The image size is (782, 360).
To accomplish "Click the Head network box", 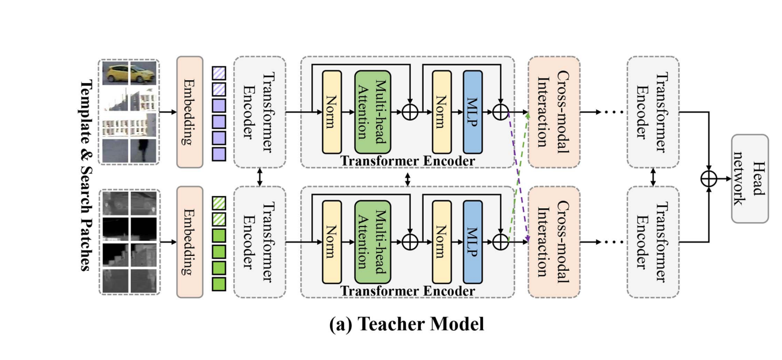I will point(750,178).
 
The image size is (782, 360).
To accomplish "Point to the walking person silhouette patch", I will point(144,148).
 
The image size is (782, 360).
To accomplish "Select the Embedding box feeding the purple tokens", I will point(190,111).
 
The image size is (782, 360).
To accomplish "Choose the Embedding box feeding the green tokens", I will point(190,242).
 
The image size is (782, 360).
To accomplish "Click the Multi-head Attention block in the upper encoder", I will point(373,112).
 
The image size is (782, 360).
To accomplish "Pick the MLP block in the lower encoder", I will point(472,242).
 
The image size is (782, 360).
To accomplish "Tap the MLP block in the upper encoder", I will point(472,112).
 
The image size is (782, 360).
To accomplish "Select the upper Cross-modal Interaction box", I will point(554,111).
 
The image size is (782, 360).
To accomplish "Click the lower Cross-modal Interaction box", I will point(554,242).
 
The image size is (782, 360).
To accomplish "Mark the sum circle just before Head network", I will point(709,178).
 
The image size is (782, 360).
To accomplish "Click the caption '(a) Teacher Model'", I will point(406,323).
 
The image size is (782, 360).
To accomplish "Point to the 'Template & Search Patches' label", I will point(86,174).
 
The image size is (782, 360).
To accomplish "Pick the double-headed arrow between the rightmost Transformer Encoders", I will point(653,177).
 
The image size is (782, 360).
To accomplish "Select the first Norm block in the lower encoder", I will point(331,242).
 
